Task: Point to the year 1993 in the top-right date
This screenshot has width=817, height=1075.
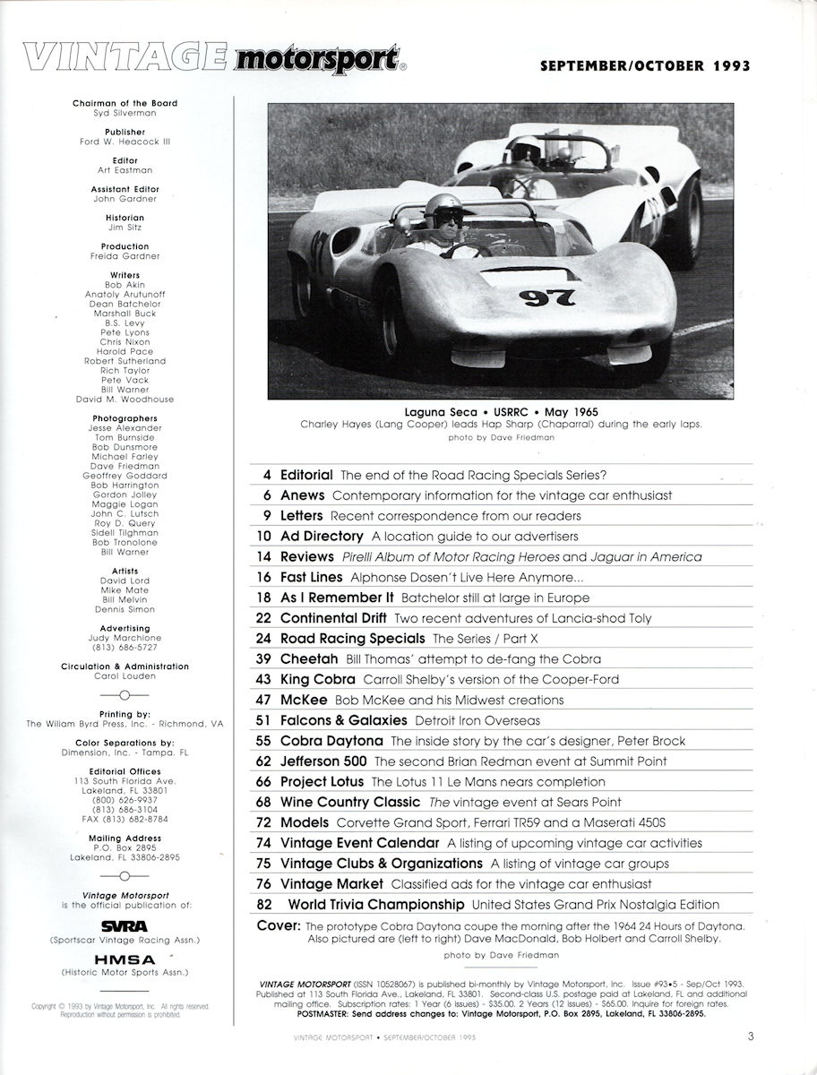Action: (x=728, y=65)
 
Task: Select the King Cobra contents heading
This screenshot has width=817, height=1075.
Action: (x=316, y=679)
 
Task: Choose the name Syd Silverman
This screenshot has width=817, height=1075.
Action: (x=125, y=113)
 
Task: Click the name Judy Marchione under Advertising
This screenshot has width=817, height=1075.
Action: (x=125, y=638)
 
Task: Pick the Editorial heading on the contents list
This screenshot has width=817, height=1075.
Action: (x=305, y=474)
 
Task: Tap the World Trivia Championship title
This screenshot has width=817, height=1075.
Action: (x=374, y=905)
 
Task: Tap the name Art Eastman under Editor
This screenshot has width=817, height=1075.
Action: (x=125, y=169)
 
